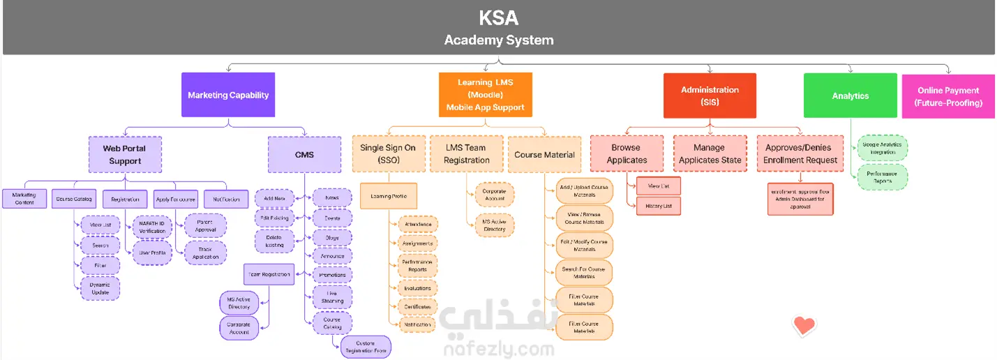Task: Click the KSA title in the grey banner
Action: pos(498,17)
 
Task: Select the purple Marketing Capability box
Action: pos(228,95)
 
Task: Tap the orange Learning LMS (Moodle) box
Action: pos(485,95)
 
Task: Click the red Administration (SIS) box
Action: pos(710,96)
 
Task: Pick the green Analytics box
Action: pos(850,96)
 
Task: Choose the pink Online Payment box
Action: pos(948,96)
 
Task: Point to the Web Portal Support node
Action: pos(125,154)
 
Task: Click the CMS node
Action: pos(304,154)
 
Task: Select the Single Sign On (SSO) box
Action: pos(388,153)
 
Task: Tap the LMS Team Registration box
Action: pos(467,153)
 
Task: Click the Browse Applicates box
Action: pos(627,153)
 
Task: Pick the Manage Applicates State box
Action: pos(709,153)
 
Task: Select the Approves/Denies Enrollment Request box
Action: pos(800,153)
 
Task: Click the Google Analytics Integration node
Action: pos(882,148)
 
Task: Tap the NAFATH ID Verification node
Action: pos(152,227)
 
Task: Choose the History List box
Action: pos(658,206)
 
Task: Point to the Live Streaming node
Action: pos(332,297)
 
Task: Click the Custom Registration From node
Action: pos(366,347)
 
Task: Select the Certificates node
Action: pos(417,307)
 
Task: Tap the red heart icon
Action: pos(804,324)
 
